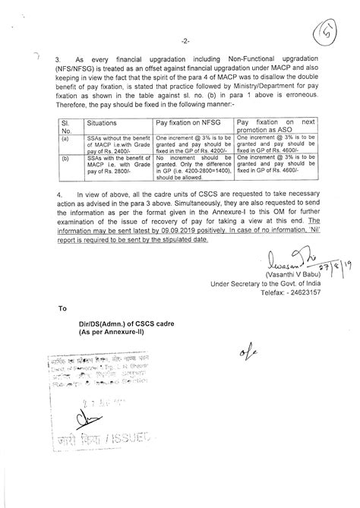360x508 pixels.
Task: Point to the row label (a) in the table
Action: click(66, 139)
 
